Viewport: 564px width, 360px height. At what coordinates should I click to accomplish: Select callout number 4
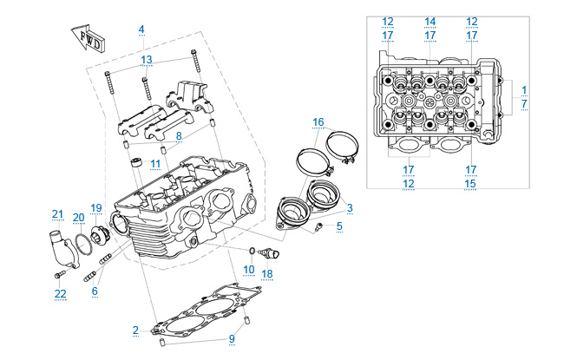point(141,29)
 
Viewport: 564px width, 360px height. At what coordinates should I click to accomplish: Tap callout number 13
point(147,59)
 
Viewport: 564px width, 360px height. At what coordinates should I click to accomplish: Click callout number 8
point(178,136)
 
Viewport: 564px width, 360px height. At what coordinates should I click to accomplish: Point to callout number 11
point(155,163)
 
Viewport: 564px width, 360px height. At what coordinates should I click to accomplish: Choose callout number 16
point(318,121)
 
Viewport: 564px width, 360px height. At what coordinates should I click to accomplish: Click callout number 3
point(349,207)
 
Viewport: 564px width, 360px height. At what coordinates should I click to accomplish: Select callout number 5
point(339,226)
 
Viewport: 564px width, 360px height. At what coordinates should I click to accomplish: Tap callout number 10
point(249,269)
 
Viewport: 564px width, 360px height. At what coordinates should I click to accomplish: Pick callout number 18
point(267,273)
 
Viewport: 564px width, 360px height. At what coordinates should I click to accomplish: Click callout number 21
point(57,214)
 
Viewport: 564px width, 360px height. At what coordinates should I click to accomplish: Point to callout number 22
point(60,293)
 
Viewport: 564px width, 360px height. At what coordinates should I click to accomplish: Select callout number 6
point(95,291)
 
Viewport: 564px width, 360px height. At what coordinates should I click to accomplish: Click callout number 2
point(135,330)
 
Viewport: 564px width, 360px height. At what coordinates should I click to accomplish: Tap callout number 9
point(231,338)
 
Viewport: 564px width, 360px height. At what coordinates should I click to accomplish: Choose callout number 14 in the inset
point(430,21)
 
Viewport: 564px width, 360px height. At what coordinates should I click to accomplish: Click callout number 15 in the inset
point(471,183)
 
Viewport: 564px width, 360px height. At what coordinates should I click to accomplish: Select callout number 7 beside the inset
point(524,103)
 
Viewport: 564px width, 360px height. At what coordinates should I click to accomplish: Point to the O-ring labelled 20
point(79,241)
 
